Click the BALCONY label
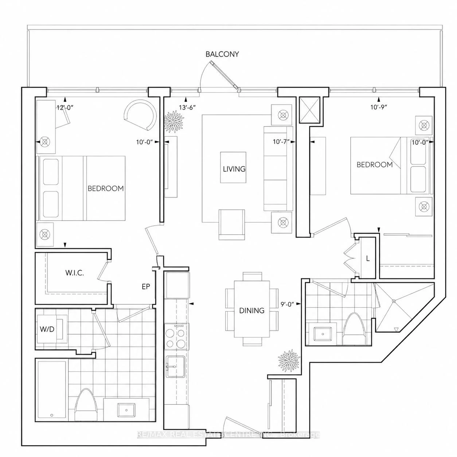222,54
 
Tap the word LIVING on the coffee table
234,169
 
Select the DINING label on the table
251,310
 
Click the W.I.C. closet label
75,273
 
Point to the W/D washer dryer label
47,329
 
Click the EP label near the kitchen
146,286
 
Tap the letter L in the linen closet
368,259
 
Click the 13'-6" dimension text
187,108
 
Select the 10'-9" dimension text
379,107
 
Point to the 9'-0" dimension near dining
287,304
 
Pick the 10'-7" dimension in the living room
281,142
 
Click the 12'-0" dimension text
65,108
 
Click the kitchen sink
176,366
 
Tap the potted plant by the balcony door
174,122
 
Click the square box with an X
309,110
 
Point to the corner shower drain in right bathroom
394,301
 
